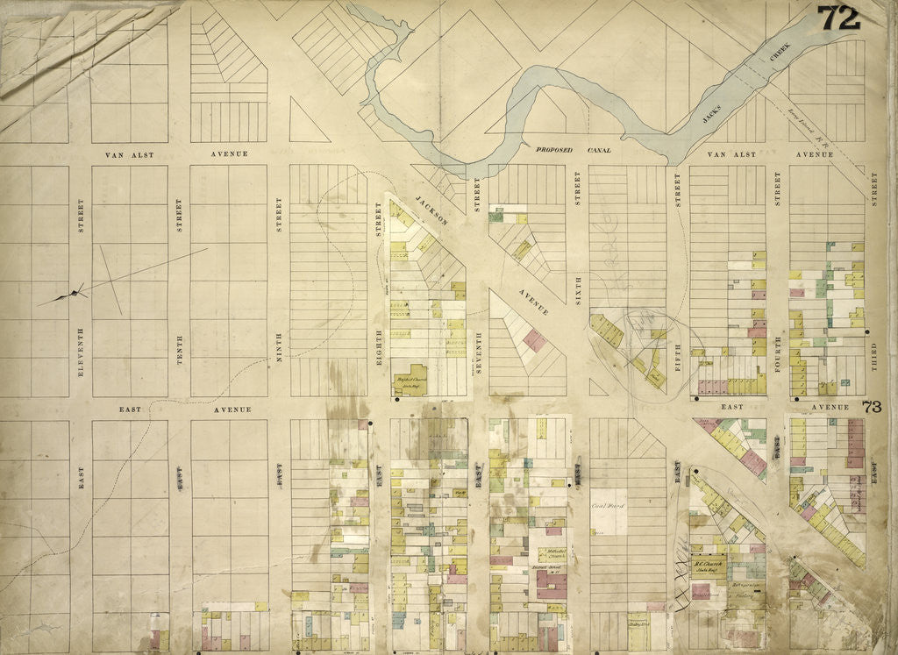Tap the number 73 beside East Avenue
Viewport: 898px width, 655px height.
(x=871, y=407)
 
